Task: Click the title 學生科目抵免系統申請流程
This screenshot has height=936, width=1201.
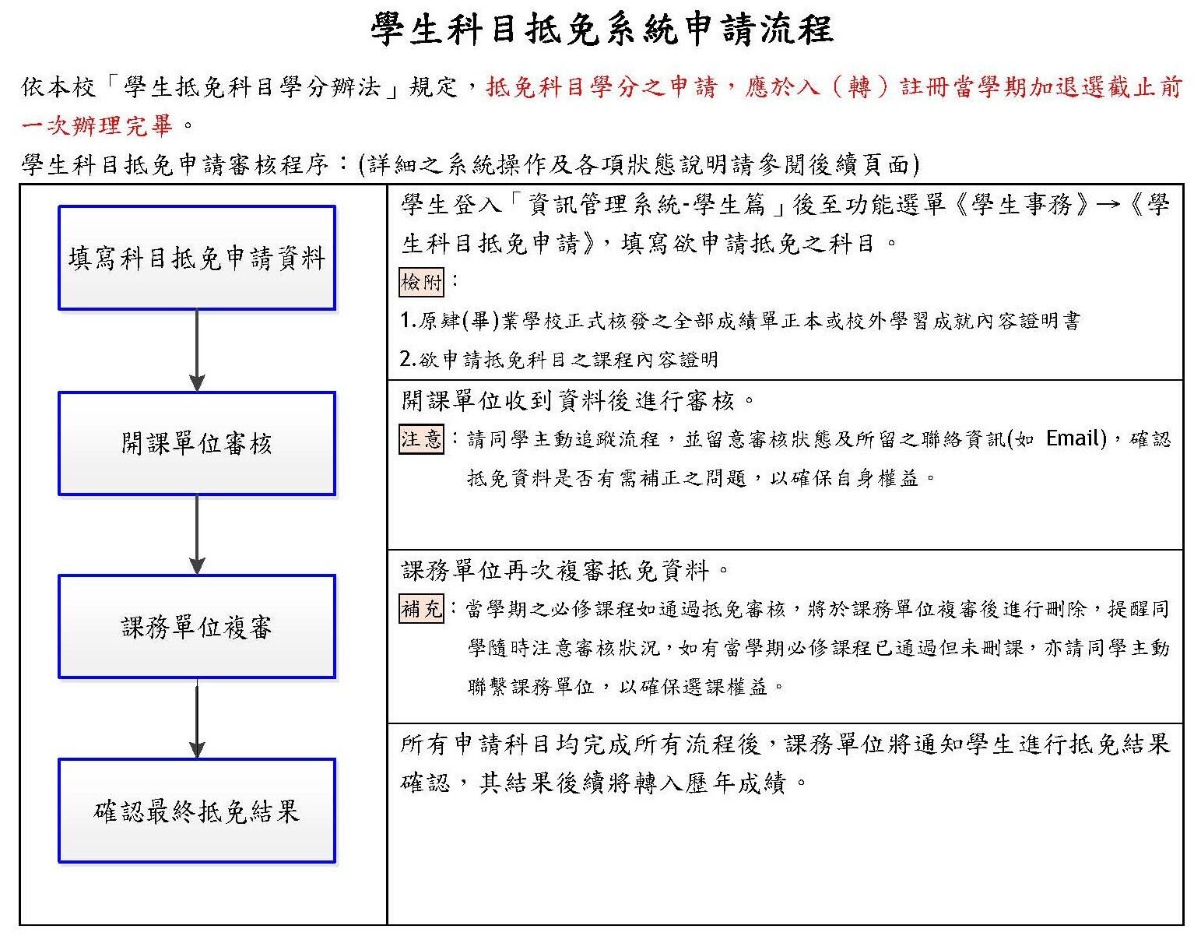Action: pos(601,30)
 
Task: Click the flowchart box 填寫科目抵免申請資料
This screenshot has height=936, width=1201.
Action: pos(197,258)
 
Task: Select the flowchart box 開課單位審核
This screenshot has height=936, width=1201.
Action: pos(197,443)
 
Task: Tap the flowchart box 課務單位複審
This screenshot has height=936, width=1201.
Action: pos(197,627)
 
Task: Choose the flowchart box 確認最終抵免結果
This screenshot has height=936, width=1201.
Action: pos(197,811)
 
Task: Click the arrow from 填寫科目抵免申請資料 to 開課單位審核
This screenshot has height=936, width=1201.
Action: pos(197,350)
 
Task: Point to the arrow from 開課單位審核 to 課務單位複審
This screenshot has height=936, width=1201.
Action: pos(197,535)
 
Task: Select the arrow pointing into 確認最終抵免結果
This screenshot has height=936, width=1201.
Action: pos(197,719)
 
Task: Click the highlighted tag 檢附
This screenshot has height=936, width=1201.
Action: pos(421,282)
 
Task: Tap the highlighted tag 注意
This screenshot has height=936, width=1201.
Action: pos(421,439)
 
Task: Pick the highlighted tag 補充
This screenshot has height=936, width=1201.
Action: pos(421,608)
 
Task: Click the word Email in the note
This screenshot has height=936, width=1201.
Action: pos(1075,438)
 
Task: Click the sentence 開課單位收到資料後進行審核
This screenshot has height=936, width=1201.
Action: pos(568,401)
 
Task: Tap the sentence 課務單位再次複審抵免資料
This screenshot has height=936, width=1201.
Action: pos(556,571)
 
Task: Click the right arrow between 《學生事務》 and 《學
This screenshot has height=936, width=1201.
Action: pos(1108,206)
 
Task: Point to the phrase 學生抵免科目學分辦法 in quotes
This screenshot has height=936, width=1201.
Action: pos(252,87)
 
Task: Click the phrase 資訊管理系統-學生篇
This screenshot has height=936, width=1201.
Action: pos(647,206)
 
